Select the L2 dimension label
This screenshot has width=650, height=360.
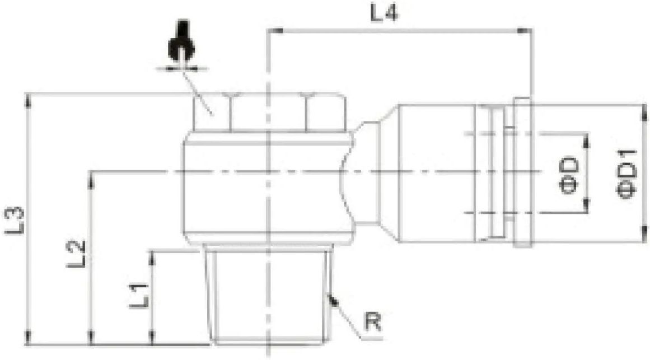[x=77, y=253]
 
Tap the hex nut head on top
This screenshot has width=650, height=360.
[x=268, y=112]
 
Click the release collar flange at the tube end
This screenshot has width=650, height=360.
[x=521, y=172]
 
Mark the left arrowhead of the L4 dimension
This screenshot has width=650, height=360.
[x=273, y=31]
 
